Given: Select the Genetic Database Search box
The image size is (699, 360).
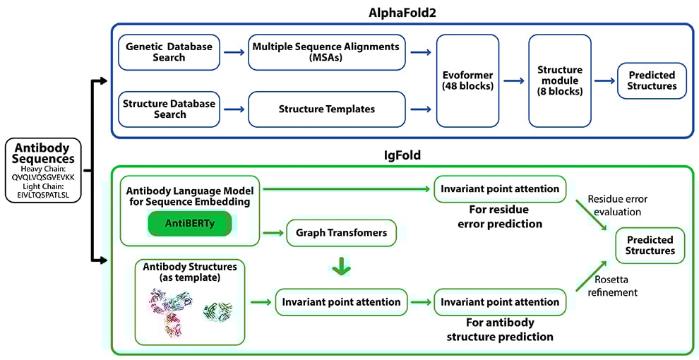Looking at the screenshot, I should tap(169, 52).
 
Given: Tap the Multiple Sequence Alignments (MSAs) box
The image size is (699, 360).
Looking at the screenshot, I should tap(325, 52).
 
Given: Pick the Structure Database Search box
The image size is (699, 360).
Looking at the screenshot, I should tap(169, 109).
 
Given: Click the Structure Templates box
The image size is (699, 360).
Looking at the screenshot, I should tap(327, 109).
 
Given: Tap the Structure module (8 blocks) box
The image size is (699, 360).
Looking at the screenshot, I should tap(559, 80).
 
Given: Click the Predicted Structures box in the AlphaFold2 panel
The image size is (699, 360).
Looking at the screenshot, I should tap(652, 80).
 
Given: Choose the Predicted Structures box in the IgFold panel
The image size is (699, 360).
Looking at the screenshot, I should tap(650, 245).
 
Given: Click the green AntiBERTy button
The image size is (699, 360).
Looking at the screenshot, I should tap(189, 222).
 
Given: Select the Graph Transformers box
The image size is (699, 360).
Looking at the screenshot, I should tap(341, 232).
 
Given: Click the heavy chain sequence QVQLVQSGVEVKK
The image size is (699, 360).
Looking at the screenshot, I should tap(43, 177).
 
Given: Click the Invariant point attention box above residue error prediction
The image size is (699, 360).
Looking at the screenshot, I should tap(500, 188).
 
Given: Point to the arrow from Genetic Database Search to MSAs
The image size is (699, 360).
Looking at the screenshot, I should tap(232, 52).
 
